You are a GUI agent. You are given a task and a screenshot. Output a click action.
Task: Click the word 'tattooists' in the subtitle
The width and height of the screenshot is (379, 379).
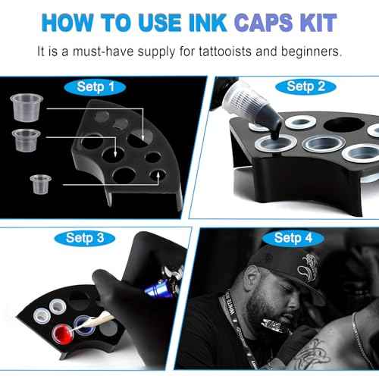click(244, 52)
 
